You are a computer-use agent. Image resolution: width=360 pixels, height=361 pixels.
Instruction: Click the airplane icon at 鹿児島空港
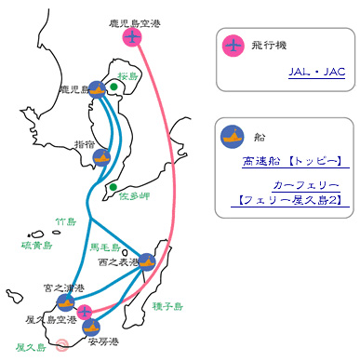(132, 37)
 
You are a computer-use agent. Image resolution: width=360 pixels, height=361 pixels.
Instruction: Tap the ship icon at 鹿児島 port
(98, 90)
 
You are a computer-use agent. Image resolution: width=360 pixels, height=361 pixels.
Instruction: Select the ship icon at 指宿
(101, 157)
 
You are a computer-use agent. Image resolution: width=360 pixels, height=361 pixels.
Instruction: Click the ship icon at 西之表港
(147, 262)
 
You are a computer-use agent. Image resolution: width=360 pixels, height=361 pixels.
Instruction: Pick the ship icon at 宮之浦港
(66, 302)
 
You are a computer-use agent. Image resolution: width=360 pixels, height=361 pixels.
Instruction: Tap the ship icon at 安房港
(91, 327)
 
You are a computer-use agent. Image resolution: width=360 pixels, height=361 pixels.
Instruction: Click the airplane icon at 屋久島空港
(85, 312)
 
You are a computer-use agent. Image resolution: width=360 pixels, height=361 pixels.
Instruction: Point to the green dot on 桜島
(113, 87)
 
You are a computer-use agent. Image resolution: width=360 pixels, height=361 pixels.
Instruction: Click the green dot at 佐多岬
(113, 187)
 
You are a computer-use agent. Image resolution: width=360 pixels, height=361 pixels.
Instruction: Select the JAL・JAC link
(316, 72)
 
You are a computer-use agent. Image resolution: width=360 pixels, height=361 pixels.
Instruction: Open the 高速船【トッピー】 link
(292, 161)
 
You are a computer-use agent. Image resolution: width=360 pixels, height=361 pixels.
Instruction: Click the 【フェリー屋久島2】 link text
(290, 200)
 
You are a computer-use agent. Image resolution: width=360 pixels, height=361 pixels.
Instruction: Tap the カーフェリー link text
(306, 185)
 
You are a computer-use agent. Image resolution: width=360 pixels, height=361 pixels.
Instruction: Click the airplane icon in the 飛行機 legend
(233, 46)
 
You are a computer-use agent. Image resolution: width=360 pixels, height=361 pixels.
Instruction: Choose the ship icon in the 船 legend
(233, 137)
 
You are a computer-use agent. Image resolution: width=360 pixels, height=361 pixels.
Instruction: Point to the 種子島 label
(167, 306)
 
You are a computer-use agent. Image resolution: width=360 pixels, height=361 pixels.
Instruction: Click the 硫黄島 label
(37, 246)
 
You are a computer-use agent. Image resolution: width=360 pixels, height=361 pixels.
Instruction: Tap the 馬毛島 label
(105, 247)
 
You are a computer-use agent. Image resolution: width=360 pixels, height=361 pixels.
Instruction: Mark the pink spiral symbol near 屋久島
(62, 344)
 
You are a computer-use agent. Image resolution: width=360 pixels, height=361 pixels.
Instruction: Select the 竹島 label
(66, 221)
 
